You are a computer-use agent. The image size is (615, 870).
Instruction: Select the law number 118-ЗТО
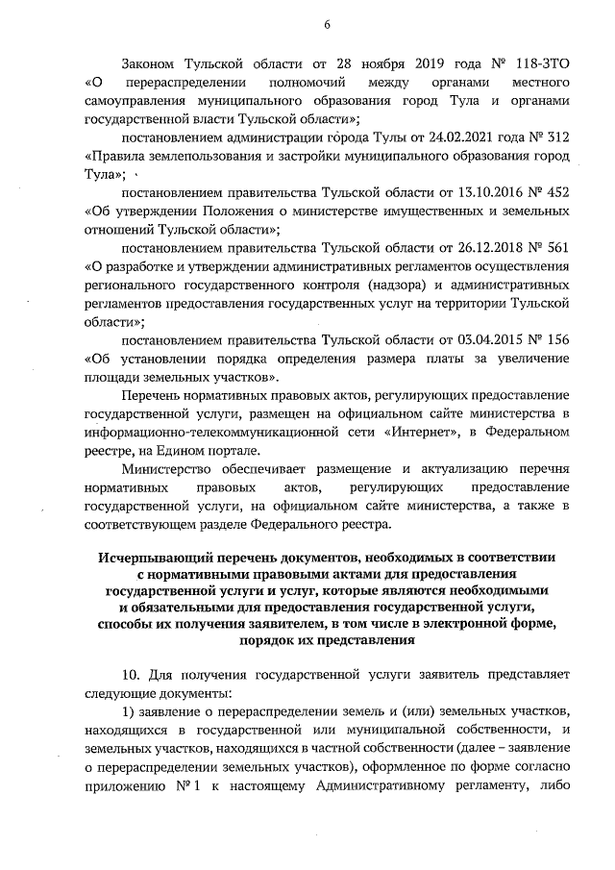click(543, 66)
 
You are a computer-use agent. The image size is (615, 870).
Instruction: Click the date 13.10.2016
click(474, 193)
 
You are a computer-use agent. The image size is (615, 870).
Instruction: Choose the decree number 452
click(558, 193)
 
